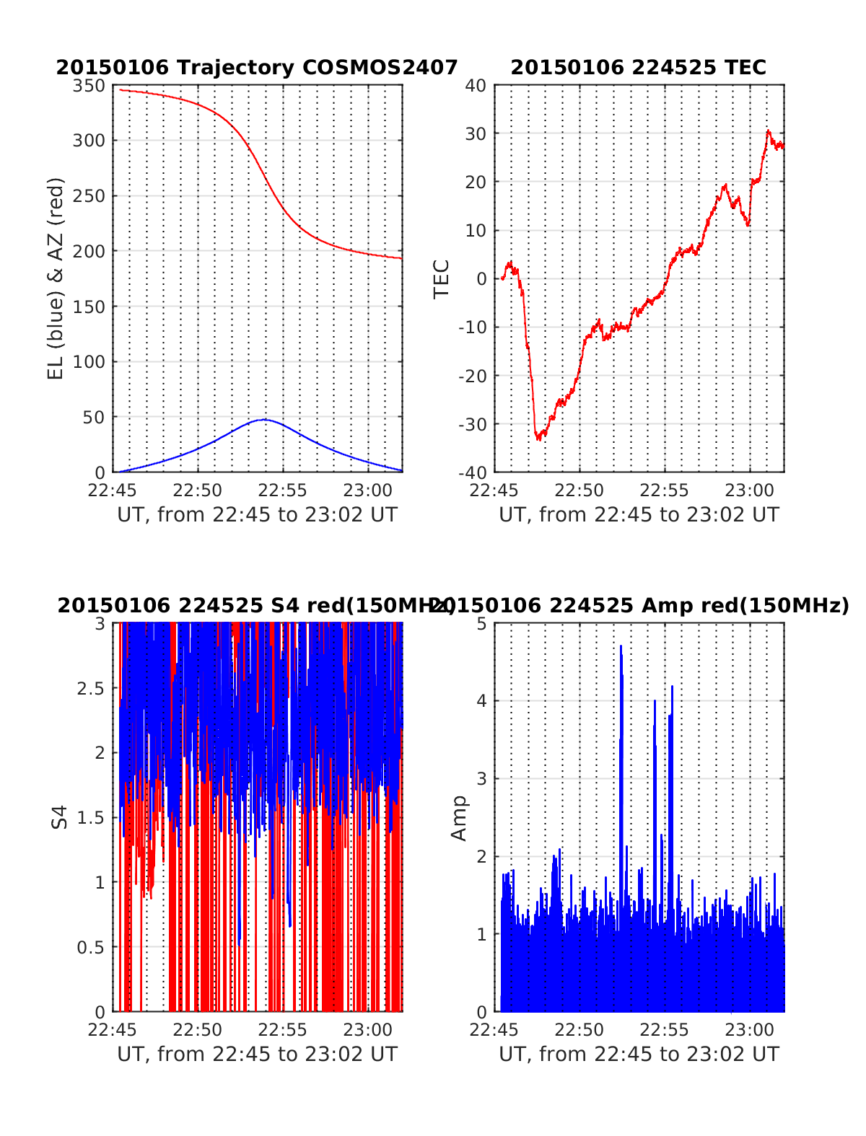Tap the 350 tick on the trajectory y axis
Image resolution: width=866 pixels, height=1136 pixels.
pos(89,86)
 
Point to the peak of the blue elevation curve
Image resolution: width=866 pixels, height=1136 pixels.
pos(264,419)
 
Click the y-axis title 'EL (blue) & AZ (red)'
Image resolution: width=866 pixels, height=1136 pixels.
pos(56,278)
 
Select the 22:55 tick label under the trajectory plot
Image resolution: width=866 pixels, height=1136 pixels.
pos(283,491)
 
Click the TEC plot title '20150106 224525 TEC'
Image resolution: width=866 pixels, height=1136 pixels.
pos(638,68)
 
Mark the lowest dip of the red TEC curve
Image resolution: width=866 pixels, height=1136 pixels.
pos(538,437)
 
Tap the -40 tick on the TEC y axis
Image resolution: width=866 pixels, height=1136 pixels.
pos(473,472)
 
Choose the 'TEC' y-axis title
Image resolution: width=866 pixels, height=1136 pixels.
pos(441,278)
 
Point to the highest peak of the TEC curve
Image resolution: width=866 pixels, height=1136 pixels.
pos(769,131)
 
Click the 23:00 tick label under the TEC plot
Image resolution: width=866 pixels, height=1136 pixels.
pos(750,491)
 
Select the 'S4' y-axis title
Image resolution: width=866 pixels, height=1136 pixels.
pos(60,817)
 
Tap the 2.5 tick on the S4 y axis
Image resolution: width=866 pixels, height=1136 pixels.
pos(91,688)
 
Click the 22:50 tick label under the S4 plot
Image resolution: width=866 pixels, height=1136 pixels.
pos(198,1030)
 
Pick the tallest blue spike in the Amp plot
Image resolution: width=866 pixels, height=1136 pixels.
pos(621,647)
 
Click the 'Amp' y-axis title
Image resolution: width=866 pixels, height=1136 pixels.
pos(459,818)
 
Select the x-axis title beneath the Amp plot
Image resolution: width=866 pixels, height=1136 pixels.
pos(639,1054)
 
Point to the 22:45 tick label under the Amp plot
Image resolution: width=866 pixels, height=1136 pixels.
pos(494,1030)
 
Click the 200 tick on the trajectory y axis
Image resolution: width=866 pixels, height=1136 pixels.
pos(89,252)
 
